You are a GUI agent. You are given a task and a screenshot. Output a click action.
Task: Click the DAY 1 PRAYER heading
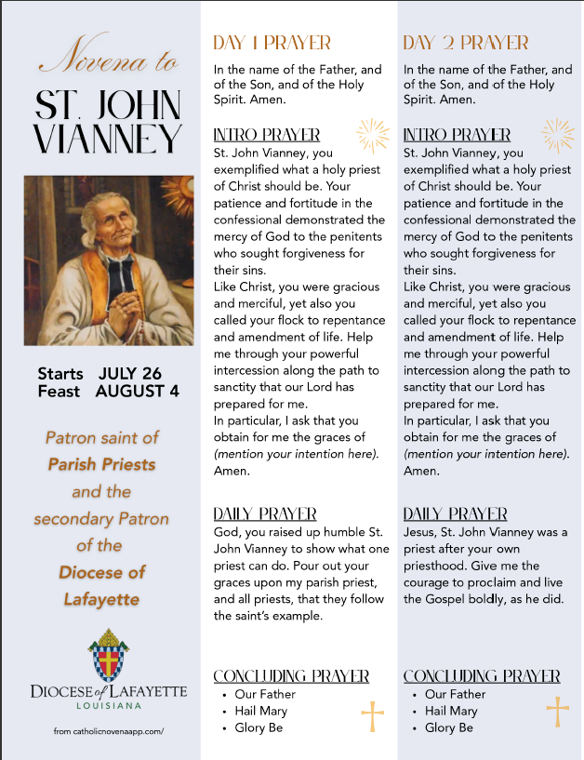[x=272, y=43]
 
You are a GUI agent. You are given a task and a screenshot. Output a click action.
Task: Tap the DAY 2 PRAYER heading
[x=466, y=43]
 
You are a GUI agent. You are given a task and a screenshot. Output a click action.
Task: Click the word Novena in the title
[x=86, y=65]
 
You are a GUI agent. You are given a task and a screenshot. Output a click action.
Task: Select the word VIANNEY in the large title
[x=108, y=139]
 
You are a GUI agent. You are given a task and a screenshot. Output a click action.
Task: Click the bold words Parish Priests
[x=101, y=463]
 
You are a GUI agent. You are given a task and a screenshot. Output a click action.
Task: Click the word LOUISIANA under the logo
[x=109, y=706]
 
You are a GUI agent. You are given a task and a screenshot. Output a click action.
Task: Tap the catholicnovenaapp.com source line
[x=108, y=731]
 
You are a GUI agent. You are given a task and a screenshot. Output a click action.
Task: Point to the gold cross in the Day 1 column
[x=372, y=717]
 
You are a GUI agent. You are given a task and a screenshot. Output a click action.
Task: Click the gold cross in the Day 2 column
[x=557, y=711]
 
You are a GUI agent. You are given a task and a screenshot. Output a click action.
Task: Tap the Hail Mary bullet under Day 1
[x=259, y=711]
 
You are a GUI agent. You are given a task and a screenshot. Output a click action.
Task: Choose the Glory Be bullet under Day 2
[x=449, y=727]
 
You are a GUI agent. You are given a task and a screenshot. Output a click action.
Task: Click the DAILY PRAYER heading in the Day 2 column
[x=456, y=514]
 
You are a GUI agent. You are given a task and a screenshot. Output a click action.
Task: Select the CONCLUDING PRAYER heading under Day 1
[x=291, y=676]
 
